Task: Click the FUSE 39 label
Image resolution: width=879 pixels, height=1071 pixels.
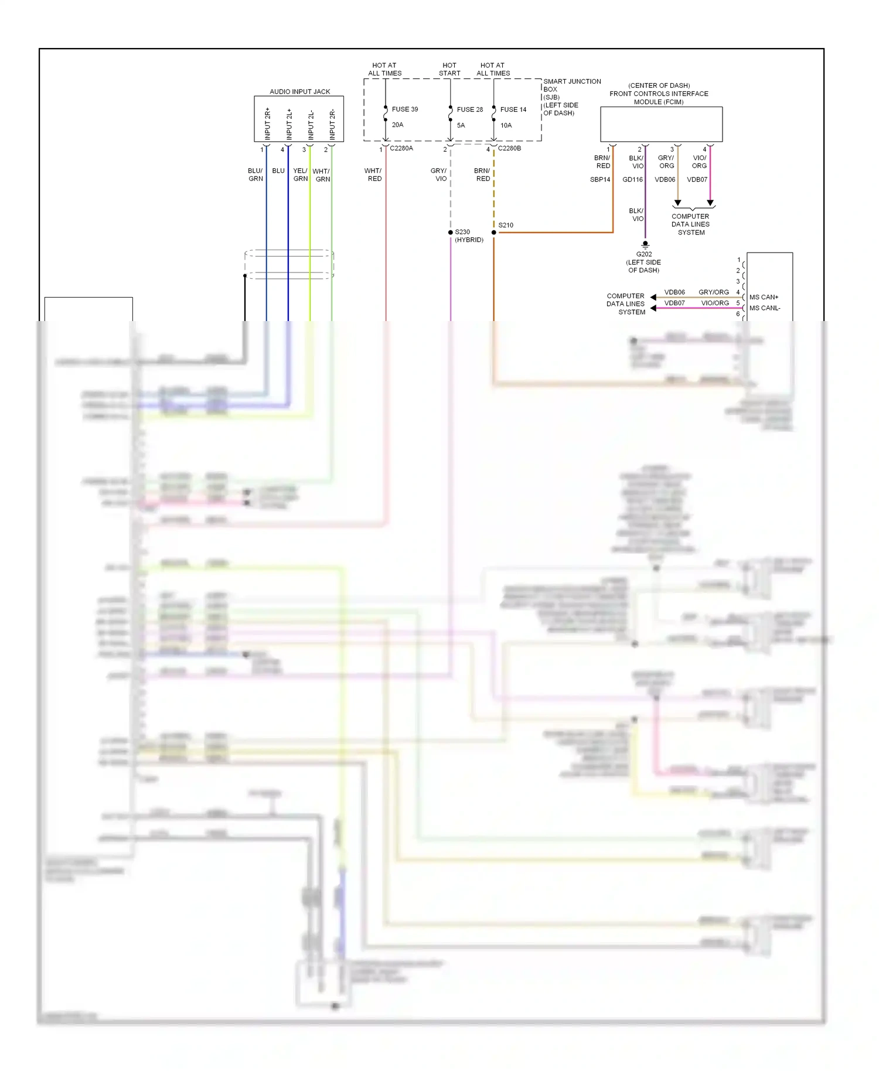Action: pos(405,110)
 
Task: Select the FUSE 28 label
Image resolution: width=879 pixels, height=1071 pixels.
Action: pos(470,110)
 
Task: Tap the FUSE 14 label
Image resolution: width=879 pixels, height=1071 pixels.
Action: pos(513,110)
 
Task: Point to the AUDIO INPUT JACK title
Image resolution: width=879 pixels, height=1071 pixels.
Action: pos(299,92)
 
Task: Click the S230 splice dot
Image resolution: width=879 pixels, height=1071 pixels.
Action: pos(451,233)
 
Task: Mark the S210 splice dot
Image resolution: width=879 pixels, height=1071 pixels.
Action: pos(494,233)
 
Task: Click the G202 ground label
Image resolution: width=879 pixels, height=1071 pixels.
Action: pos(644,254)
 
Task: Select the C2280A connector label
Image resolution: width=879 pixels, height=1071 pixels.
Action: pos(401,149)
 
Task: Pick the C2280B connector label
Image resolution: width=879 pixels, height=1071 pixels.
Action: pos(509,149)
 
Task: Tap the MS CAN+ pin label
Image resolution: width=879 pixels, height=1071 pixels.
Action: pos(764,298)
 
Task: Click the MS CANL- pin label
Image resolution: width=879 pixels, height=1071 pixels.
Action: pos(765,308)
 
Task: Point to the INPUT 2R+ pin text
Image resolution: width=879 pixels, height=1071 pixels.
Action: pos(268,124)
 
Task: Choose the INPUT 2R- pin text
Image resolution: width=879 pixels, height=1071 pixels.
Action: pos(332,124)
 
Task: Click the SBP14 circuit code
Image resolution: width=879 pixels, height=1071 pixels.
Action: pos(600,180)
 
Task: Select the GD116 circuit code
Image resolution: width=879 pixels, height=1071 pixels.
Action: pos(632,180)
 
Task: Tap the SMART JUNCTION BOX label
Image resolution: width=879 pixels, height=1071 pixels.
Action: pos(572,86)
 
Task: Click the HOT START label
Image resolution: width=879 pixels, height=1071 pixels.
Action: pos(449,70)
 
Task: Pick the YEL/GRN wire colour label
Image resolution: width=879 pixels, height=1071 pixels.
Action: pos(300,175)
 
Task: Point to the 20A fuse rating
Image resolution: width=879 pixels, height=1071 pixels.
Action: pos(398,125)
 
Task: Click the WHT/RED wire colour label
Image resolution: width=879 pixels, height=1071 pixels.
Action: pos(373,175)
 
